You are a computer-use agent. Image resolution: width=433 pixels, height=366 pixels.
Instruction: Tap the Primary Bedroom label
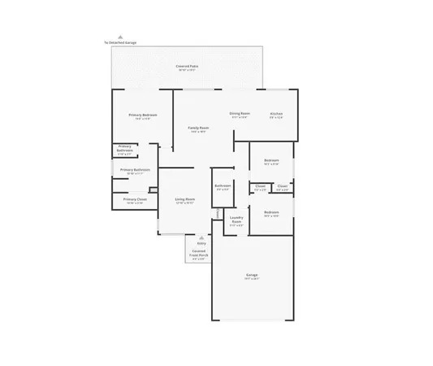[x=143, y=115]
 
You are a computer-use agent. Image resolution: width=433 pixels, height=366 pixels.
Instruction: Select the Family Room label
[x=199, y=129]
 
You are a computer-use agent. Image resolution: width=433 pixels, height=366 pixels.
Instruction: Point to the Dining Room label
[x=240, y=114]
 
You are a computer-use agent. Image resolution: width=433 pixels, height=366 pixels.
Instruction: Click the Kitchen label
[x=276, y=114]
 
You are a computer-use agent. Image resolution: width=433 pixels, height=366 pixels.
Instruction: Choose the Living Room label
[x=184, y=199]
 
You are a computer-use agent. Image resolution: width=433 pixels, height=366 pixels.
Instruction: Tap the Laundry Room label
[x=236, y=219]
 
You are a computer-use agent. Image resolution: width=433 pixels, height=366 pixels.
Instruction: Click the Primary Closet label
[x=135, y=199]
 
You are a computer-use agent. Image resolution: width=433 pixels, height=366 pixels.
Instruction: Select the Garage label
[x=252, y=276]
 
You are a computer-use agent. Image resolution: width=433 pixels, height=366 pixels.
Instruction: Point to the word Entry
[x=201, y=242]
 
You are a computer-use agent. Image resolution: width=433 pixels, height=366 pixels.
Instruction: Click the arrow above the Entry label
[x=201, y=237]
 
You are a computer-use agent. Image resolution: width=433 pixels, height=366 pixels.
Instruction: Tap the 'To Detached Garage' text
[x=120, y=42]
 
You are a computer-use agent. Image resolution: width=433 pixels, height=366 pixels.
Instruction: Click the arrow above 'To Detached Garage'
[x=120, y=37]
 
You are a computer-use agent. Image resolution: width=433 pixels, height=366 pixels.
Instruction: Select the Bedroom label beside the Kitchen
[x=271, y=160]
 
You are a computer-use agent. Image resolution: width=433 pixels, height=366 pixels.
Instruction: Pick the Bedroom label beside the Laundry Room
[x=271, y=213]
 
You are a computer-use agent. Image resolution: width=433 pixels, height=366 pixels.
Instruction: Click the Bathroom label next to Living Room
[x=223, y=186]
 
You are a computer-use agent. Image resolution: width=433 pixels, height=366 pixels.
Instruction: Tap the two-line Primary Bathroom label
[x=124, y=150]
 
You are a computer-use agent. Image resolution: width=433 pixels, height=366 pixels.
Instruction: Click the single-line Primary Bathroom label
[x=136, y=169]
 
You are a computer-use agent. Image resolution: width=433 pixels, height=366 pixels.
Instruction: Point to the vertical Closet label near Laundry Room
[x=219, y=213]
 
